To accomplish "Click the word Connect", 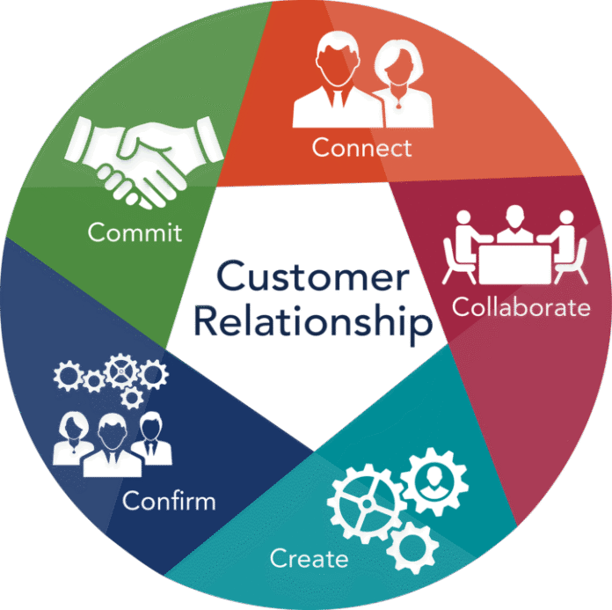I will [x=361, y=147].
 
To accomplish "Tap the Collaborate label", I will [x=521, y=307].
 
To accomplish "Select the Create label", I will [x=309, y=558].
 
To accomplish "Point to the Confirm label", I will [x=169, y=502].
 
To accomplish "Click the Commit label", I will [x=135, y=233].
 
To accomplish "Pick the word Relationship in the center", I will [x=312, y=322].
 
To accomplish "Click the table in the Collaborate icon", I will [x=514, y=259].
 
